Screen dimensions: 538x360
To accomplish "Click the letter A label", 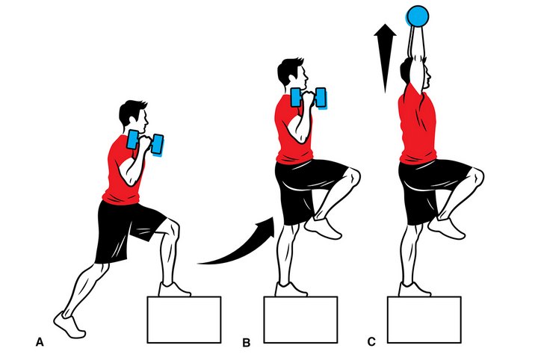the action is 40,342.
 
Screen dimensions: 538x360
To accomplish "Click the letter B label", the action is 246,343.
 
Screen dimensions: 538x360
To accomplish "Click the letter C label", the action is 371,342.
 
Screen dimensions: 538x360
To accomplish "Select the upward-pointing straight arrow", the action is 385,58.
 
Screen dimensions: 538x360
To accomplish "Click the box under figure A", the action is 184,320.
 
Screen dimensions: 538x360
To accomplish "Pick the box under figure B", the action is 300,320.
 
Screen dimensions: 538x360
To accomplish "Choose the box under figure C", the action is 424,320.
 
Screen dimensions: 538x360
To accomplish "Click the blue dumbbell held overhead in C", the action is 418,16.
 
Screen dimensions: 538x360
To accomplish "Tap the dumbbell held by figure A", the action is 145,143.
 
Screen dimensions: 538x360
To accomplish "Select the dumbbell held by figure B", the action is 309,98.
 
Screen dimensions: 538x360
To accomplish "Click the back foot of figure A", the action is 69,325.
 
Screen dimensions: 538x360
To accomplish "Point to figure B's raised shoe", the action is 324,228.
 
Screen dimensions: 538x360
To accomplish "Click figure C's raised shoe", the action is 446,228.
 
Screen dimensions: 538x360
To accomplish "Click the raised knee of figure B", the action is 353,175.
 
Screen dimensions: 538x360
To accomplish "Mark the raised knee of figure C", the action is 477,175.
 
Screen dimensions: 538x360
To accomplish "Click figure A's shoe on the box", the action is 174,290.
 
